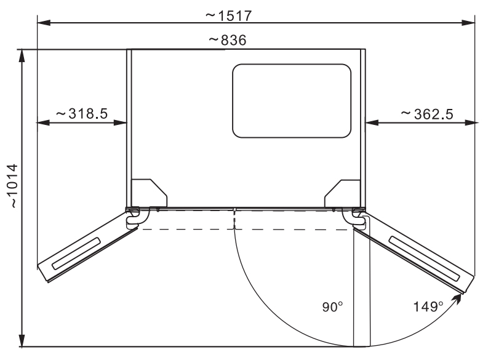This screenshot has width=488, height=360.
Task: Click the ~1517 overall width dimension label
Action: click(x=228, y=16)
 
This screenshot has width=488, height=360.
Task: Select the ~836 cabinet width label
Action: click(x=228, y=40)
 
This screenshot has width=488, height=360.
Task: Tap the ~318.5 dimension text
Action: click(x=82, y=114)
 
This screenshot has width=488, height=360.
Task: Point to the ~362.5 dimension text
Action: click(x=427, y=114)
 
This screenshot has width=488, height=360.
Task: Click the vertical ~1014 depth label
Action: click(x=14, y=186)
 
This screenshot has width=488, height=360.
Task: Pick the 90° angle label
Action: click(x=332, y=307)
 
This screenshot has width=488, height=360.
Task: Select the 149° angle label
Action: click(x=428, y=307)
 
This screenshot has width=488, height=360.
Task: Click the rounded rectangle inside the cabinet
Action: click(x=292, y=101)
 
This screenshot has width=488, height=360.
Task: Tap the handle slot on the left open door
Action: click(x=76, y=254)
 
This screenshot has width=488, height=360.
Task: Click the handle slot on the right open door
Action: click(x=425, y=258)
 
